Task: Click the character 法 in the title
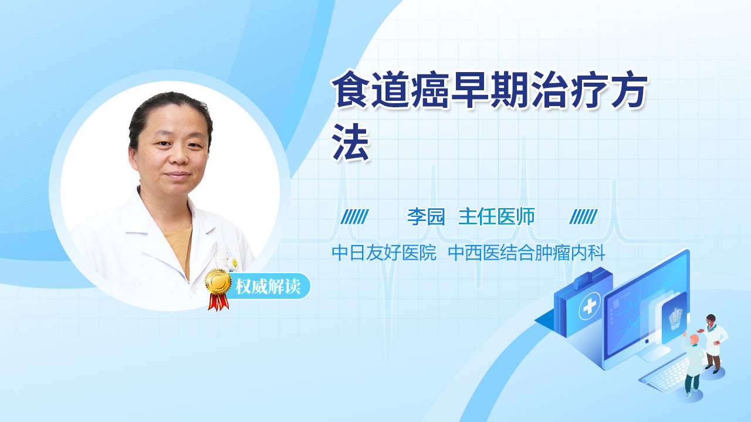pyautogui.click(x=351, y=142)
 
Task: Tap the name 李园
pyautogui.click(x=426, y=217)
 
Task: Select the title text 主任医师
pyautogui.click(x=496, y=217)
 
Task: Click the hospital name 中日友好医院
pyautogui.click(x=384, y=253)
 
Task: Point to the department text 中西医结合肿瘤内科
pyautogui.click(x=526, y=253)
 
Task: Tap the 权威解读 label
pyautogui.click(x=268, y=287)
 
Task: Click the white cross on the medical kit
pyautogui.click(x=590, y=306)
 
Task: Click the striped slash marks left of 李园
pyautogui.click(x=354, y=217)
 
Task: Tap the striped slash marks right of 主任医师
pyautogui.click(x=583, y=217)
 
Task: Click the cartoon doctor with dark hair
pyautogui.click(x=713, y=343)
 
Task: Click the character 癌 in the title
pyautogui.click(x=431, y=90)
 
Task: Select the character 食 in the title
pyautogui.click(x=351, y=90)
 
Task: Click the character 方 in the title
pyautogui.click(x=628, y=90)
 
